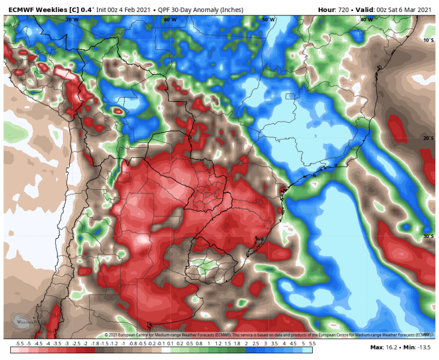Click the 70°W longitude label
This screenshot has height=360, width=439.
click(72, 20)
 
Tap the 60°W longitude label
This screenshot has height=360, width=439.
click(170, 20)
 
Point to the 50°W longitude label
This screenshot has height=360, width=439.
click(268, 20)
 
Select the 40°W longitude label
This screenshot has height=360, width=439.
click(366, 20)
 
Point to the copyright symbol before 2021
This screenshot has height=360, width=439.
click(107, 335)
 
